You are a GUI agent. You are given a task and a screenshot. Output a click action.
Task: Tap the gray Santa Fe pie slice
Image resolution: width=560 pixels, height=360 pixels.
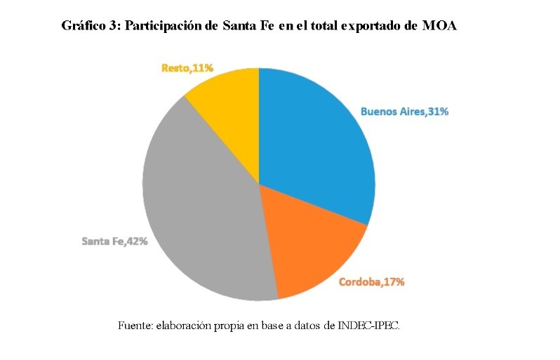tap(204, 211)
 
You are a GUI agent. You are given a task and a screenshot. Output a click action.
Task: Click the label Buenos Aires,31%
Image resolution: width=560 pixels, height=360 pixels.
tap(404, 111)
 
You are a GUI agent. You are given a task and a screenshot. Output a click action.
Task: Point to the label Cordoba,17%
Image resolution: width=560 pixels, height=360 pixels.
tap(371, 282)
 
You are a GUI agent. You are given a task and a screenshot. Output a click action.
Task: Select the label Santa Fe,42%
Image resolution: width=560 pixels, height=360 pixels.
tap(114, 241)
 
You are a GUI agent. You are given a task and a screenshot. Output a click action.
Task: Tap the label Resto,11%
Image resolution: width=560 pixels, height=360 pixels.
tap(187, 68)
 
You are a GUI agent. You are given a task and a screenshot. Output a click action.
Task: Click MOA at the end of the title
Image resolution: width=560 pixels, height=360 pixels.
tap(440, 27)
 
